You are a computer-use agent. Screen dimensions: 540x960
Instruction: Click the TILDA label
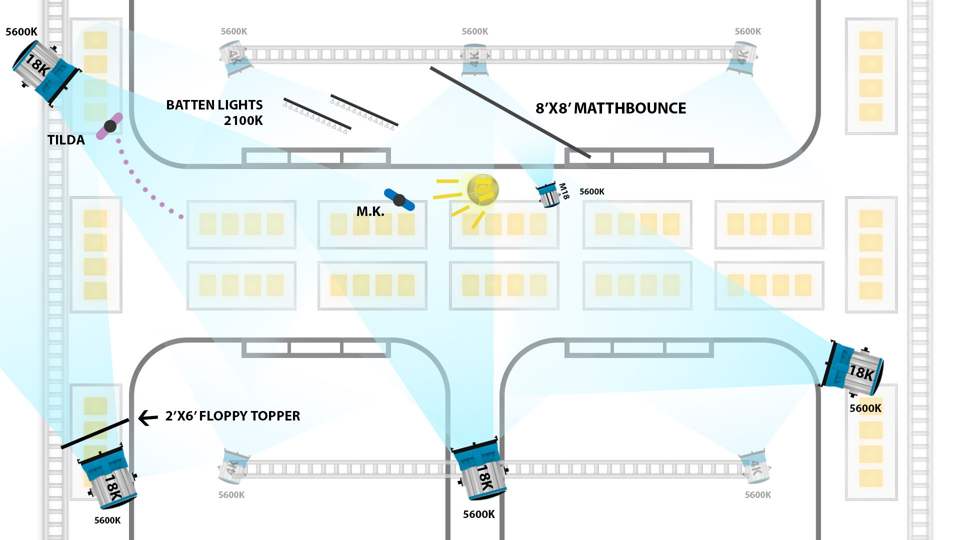click(x=66, y=140)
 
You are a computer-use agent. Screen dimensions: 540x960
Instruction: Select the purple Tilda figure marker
click(x=110, y=126)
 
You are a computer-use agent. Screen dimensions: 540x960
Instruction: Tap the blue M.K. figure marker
click(x=399, y=200)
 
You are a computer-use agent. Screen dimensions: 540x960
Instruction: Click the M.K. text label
click(x=370, y=211)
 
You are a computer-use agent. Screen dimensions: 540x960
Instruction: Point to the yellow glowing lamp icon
click(x=482, y=190)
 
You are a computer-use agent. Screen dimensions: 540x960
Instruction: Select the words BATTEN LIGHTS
click(x=214, y=105)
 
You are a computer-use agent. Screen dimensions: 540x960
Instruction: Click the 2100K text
click(x=243, y=120)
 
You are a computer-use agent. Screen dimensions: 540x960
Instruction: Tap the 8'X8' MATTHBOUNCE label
click(x=610, y=108)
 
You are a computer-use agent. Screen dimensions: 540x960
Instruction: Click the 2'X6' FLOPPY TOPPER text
click(x=232, y=416)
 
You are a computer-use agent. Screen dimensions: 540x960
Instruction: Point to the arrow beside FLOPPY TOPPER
click(x=147, y=417)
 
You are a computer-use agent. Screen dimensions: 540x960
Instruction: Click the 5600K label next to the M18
click(x=591, y=191)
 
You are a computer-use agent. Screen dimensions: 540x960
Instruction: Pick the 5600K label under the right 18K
click(x=865, y=408)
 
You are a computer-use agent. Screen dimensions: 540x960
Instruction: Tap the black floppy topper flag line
click(x=95, y=433)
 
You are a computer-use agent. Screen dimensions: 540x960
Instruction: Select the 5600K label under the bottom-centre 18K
click(x=478, y=514)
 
